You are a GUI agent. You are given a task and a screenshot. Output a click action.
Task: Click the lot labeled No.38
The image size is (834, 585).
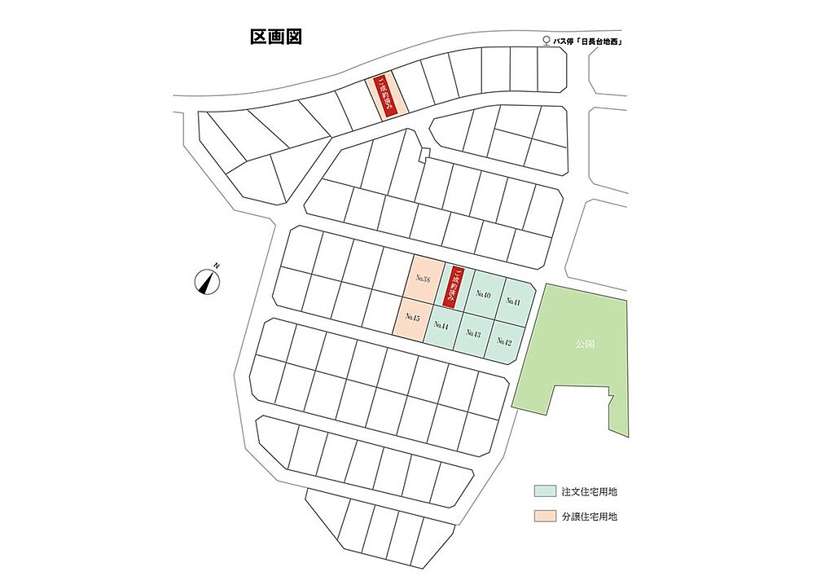pyautogui.click(x=423, y=279)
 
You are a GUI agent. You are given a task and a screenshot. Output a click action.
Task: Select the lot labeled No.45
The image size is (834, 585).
pyautogui.click(x=411, y=317)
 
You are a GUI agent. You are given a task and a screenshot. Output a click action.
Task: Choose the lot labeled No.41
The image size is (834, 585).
pyautogui.click(x=513, y=301)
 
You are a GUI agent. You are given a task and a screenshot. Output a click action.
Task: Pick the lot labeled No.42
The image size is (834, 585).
pyautogui.click(x=505, y=341)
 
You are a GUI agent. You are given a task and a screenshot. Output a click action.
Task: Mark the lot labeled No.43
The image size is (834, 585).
pyautogui.click(x=472, y=334)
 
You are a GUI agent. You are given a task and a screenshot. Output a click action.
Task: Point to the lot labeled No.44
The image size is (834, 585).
pyautogui.click(x=441, y=326)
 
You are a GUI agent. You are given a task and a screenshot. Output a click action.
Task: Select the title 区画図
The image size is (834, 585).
pyautogui.click(x=275, y=37)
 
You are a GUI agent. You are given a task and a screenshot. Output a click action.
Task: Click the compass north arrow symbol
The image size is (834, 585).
pyautogui.click(x=208, y=282)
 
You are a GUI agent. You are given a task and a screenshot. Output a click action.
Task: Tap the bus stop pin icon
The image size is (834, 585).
pyautogui.click(x=546, y=41)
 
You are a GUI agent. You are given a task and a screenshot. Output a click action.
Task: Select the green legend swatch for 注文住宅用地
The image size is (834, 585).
pyautogui.click(x=544, y=491)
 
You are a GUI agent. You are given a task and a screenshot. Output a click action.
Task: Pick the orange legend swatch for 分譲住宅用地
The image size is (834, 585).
pyautogui.click(x=544, y=516)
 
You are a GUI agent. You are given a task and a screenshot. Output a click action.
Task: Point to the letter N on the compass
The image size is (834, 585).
pyautogui.click(x=217, y=266)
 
